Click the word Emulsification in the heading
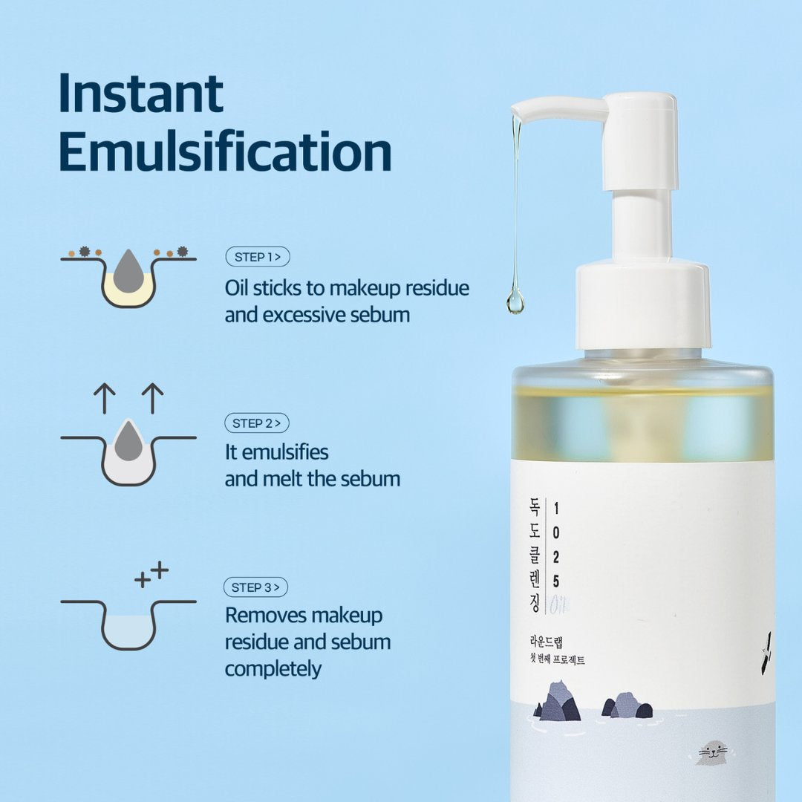(225, 151)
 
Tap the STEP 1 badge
(258, 257)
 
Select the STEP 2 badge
(257, 423)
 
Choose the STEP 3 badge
(255, 587)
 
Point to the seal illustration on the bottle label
(712, 754)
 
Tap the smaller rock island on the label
(627, 705)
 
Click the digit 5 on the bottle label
(556, 581)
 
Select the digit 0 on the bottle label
(556, 532)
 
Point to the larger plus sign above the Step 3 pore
(160, 570)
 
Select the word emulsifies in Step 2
(285, 452)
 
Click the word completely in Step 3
(273, 669)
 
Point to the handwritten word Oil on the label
(560, 605)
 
